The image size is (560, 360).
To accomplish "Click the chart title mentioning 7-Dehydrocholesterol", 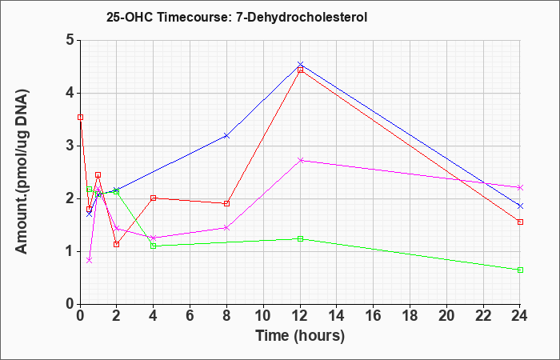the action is coord(237,17).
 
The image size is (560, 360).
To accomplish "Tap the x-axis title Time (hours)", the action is coord(300,336).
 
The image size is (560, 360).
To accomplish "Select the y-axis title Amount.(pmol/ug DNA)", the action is coord(22,171).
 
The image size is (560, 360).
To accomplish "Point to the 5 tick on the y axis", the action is coord(70,40).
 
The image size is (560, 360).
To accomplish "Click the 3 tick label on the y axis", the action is coord(70,146).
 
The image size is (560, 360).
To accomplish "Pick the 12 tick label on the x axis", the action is coord(300,316).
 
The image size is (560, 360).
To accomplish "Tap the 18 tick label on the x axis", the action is coord(410,316).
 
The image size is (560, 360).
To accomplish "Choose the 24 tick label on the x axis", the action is coord(520,316).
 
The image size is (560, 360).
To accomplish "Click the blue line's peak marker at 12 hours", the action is coord(300,64).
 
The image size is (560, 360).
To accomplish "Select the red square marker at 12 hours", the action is coord(300,70).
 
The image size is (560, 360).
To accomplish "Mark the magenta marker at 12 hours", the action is coord(300,160).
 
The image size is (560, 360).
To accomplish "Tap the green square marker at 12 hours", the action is coord(300,238).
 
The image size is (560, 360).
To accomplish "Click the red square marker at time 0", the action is coord(80,117).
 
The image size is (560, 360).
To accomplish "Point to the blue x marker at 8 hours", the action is coord(226,136).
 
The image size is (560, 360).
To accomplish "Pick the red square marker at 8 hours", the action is coord(226,203).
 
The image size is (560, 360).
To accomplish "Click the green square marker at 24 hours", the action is coord(520,270).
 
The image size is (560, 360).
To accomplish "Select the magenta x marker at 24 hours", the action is coord(520,187).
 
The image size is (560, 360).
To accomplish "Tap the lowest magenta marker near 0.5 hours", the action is coord(90,260).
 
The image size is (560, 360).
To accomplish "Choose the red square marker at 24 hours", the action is coord(520,222).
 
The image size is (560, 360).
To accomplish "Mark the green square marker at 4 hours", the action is coord(154,246).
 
